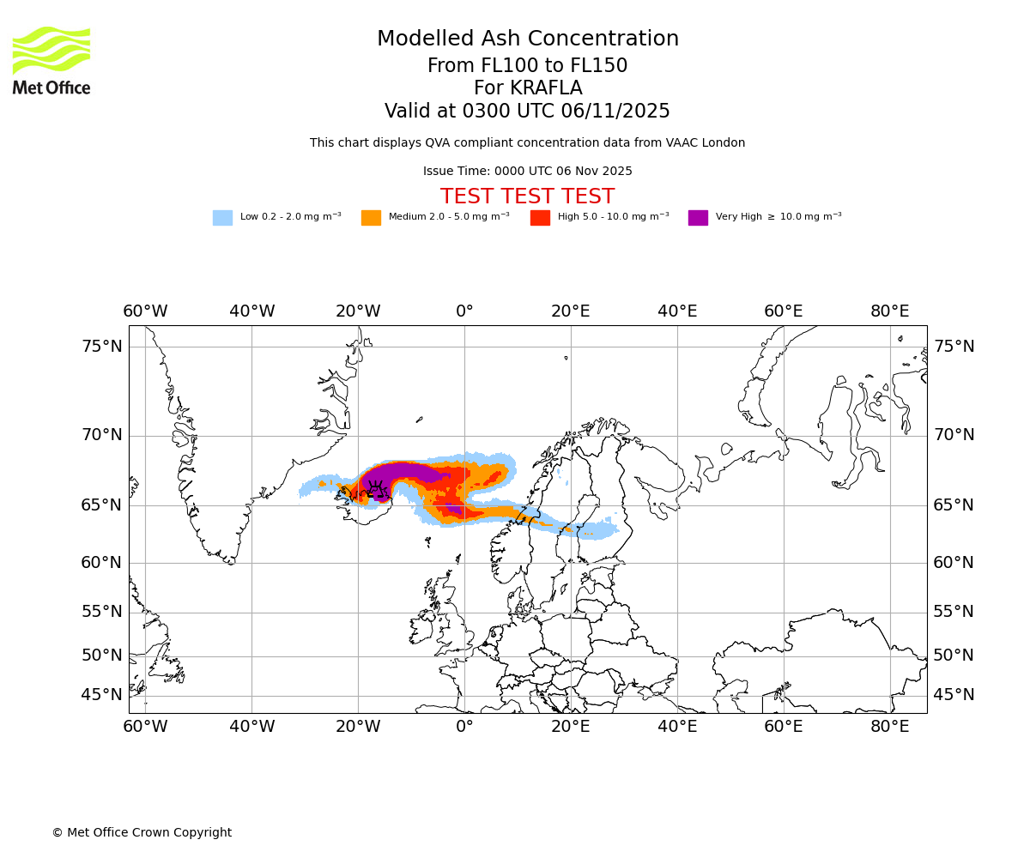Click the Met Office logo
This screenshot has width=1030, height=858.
click(51, 60)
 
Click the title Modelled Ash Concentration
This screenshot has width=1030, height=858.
click(528, 39)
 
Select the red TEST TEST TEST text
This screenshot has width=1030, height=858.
click(527, 196)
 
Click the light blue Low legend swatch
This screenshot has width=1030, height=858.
click(222, 217)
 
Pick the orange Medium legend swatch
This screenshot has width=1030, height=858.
click(371, 217)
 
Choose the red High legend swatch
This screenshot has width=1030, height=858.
click(540, 217)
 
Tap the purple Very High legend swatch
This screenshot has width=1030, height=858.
click(698, 217)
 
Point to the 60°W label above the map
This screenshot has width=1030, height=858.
click(145, 311)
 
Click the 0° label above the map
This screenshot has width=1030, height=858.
click(464, 311)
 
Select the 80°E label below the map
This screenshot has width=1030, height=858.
click(890, 727)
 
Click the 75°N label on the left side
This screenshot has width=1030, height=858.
click(102, 347)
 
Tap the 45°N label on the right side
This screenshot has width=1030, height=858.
click(954, 695)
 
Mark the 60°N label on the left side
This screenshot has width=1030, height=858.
click(102, 563)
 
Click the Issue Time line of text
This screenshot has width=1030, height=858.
click(527, 172)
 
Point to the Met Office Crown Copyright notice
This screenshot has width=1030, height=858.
click(142, 832)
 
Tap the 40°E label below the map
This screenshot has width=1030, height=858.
click(677, 727)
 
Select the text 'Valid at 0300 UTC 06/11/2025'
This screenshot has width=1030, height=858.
click(527, 112)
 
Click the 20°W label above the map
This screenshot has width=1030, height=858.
click(358, 311)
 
